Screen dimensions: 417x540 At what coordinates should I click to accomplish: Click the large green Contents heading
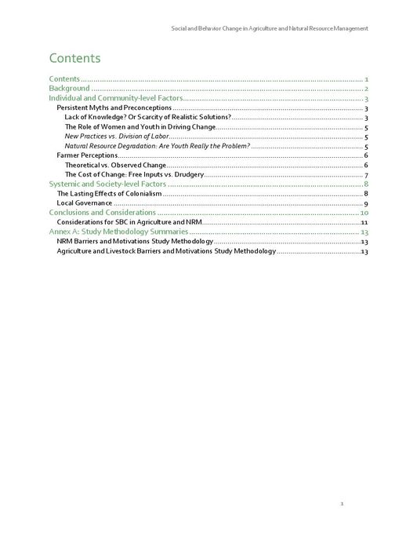[74, 58]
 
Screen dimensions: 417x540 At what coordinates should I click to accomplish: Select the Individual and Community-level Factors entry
[115, 98]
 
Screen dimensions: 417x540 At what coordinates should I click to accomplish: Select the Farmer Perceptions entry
[87, 155]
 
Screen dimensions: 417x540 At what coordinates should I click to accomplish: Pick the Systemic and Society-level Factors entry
[107, 184]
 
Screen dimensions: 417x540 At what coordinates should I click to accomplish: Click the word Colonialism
[142, 193]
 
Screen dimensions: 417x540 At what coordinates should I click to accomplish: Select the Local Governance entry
[85, 202]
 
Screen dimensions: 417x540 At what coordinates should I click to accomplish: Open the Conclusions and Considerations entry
[103, 212]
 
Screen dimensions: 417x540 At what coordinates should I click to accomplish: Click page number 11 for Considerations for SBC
[364, 222]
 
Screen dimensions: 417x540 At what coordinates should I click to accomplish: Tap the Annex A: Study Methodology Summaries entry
[118, 232]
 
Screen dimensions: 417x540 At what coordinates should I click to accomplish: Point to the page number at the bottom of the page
[342, 503]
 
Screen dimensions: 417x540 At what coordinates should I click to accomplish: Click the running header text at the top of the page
[270, 28]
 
